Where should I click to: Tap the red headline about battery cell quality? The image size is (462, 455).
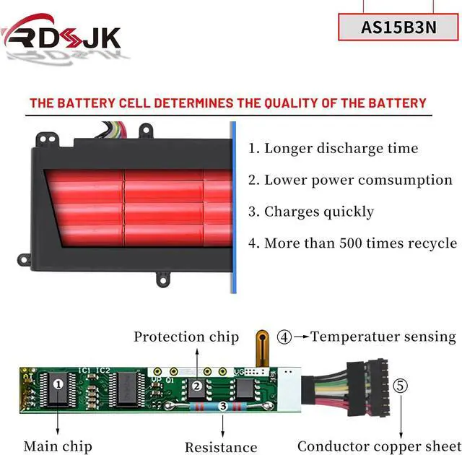point(227,103)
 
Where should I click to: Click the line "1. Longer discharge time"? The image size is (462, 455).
point(334,149)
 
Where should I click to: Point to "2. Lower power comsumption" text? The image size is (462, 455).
point(350,180)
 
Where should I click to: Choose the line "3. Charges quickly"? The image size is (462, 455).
point(311,212)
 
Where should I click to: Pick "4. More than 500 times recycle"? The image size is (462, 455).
point(352,243)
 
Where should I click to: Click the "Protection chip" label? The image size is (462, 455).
point(186,337)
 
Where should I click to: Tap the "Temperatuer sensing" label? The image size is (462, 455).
point(383,337)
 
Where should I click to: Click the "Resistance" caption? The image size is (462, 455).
point(221,447)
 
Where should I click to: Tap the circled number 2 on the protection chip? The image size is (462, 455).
point(196,386)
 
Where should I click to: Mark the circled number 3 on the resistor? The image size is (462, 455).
point(223,407)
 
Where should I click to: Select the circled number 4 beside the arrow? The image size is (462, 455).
point(285,337)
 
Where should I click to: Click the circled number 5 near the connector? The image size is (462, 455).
point(401,386)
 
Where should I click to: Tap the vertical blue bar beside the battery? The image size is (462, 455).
point(233,207)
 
